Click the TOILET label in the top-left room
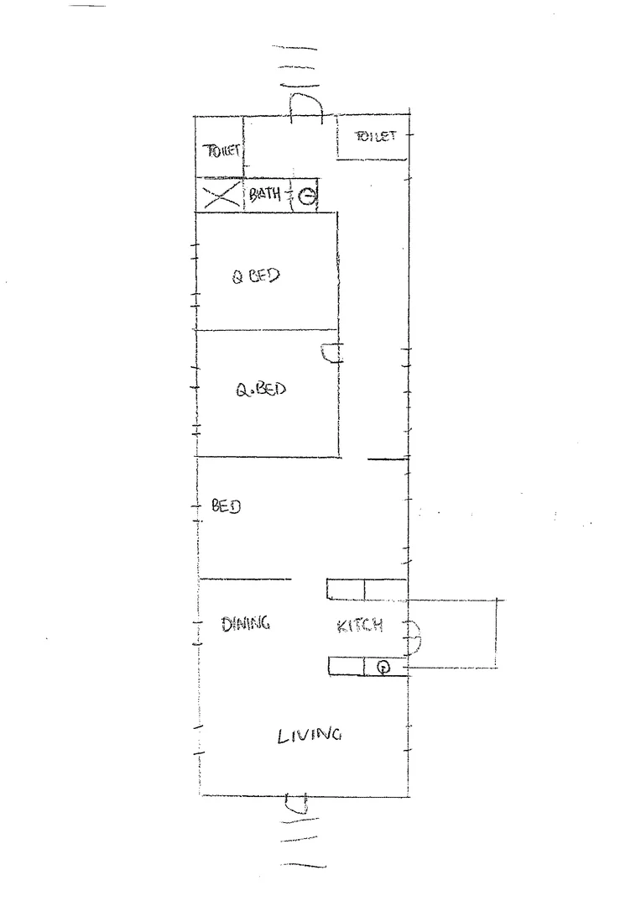[222, 151]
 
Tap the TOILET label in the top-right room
[375, 136]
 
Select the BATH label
[264, 195]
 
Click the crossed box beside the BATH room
[218, 197]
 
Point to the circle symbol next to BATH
[308, 197]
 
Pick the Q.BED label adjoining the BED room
[260, 390]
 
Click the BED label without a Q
[226, 506]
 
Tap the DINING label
[245, 623]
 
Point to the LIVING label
[310, 735]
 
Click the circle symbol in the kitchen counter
[383, 668]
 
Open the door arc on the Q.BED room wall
[331, 353]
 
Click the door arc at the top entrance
[306, 105]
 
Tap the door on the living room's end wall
[298, 804]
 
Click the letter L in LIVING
[282, 737]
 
